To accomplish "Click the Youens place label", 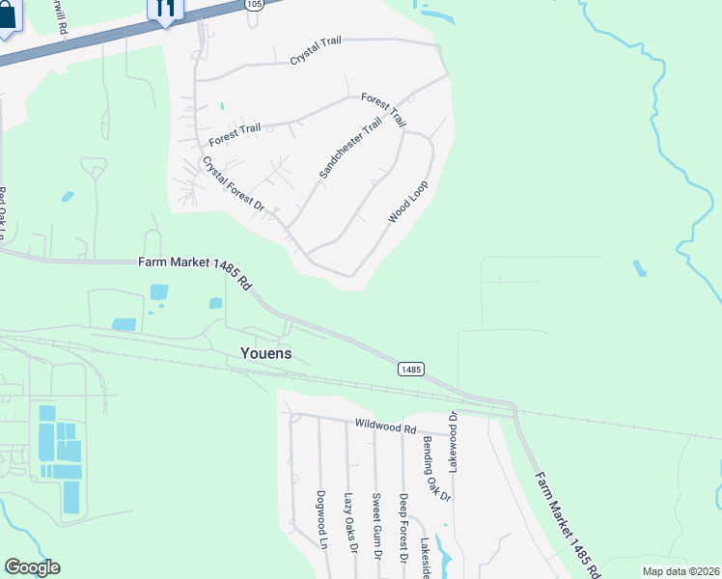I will (x=264, y=353).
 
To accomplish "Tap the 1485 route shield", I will (x=410, y=370).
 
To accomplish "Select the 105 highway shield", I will (x=253, y=4).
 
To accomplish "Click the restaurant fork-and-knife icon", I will (x=165, y=8).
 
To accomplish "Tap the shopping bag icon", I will (x=6, y=17).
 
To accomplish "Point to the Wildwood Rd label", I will (x=384, y=425).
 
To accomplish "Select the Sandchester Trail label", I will (x=350, y=150).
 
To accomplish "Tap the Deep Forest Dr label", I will (x=403, y=527).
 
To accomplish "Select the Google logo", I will (x=32, y=567).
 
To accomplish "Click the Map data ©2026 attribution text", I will (x=680, y=571).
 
